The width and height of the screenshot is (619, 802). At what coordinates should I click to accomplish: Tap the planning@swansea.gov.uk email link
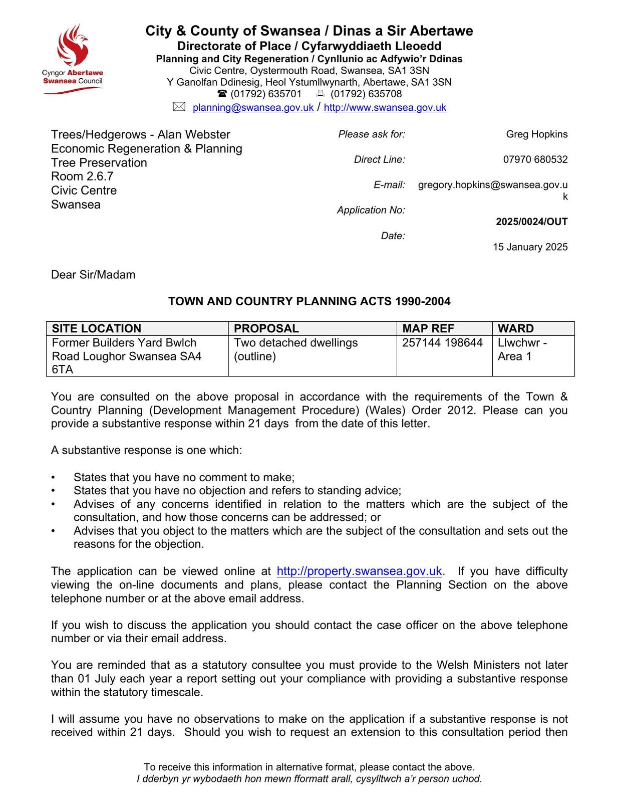pyautogui.click(x=253, y=107)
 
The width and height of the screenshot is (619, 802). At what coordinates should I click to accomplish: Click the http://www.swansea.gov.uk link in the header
pyautogui.click(x=385, y=107)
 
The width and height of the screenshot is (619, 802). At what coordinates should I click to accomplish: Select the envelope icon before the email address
pyautogui.click(x=179, y=107)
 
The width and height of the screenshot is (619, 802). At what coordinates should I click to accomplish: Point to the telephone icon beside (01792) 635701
pyautogui.click(x=222, y=94)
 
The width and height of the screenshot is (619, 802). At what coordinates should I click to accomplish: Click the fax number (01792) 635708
pyautogui.click(x=366, y=94)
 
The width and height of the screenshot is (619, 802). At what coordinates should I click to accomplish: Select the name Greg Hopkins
pyautogui.click(x=536, y=134)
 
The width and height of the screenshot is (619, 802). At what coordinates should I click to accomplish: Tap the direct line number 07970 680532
pyautogui.click(x=535, y=159)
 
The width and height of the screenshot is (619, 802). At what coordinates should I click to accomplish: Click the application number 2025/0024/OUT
pyautogui.click(x=531, y=222)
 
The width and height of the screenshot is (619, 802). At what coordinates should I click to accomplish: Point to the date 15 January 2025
pyautogui.click(x=530, y=247)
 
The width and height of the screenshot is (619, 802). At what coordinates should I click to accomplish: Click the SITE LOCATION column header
pyautogui.click(x=97, y=328)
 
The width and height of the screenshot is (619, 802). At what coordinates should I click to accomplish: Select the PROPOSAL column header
pyautogui.click(x=266, y=328)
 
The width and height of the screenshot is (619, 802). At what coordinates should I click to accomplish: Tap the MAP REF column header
pyautogui.click(x=428, y=328)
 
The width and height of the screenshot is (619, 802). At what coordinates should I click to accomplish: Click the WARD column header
pyautogui.click(x=516, y=328)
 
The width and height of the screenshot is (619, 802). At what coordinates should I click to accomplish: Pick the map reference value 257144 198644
pyautogui.click(x=442, y=343)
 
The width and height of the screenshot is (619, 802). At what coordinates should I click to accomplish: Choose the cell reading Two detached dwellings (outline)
pyautogui.click(x=295, y=349)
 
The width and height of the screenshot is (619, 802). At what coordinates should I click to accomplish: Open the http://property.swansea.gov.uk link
pyautogui.click(x=359, y=571)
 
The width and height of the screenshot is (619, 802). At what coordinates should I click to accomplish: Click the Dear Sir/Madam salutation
pyautogui.click(x=93, y=275)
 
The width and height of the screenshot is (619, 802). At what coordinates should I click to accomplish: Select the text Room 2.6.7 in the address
pyautogui.click(x=82, y=176)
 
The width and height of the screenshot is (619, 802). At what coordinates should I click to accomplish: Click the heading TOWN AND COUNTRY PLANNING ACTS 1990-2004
pyautogui.click(x=309, y=301)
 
